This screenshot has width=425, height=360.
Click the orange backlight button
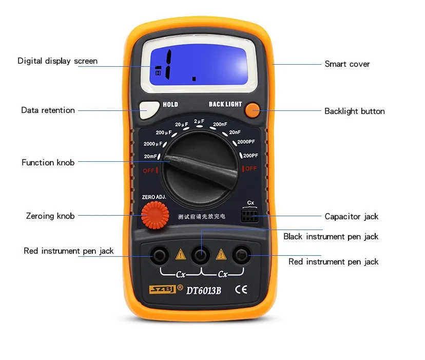point(252,110)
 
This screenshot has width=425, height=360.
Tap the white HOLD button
point(149,108)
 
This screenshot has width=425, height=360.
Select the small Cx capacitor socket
point(250,215)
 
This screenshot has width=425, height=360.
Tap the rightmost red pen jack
point(241,255)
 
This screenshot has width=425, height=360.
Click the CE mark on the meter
point(241,289)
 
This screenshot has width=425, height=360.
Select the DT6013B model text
point(203,290)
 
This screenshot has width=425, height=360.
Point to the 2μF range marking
point(199,121)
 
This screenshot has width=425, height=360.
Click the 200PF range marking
point(250,155)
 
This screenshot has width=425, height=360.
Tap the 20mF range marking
point(150,157)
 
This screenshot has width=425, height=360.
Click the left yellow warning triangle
point(180,254)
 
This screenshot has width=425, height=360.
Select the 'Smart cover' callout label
point(347,64)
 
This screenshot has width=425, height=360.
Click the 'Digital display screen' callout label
point(57,61)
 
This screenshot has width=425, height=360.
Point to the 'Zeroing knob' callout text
point(50,216)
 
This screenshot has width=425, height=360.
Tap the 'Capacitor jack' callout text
point(351,216)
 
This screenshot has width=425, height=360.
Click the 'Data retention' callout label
point(48,110)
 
